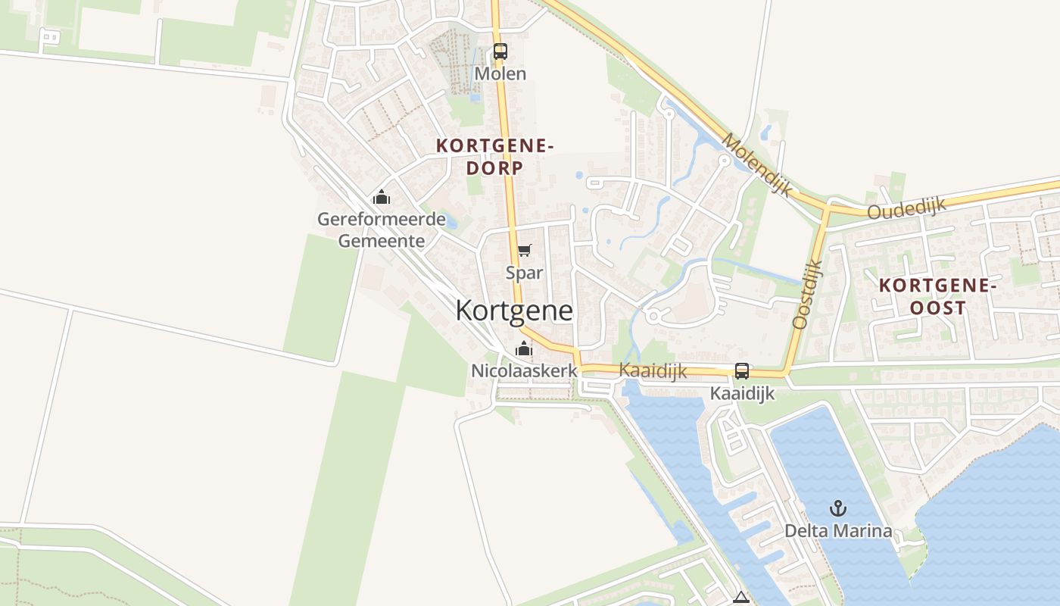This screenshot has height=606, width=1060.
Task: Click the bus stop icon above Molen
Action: (x=500, y=52)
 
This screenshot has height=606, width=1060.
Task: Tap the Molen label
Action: (x=500, y=73)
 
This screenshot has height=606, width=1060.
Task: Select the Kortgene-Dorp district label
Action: (x=495, y=157)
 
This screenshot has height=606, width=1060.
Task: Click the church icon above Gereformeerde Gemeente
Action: (x=382, y=198)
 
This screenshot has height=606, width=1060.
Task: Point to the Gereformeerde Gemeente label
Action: (x=371, y=230)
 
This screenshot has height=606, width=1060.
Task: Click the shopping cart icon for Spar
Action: (x=524, y=251)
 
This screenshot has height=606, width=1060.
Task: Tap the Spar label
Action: (x=524, y=273)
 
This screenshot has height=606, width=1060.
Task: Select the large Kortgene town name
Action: (x=514, y=311)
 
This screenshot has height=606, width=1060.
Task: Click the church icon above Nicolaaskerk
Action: (x=523, y=349)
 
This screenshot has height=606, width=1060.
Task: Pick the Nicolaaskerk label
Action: (x=524, y=371)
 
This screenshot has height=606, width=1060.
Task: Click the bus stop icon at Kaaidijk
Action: (x=742, y=371)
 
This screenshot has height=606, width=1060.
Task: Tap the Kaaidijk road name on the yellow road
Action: (x=653, y=370)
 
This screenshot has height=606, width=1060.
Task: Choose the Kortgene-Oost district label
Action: (x=937, y=296)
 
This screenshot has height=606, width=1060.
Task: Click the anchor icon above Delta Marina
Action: (x=837, y=508)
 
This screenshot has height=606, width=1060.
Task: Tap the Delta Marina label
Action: (x=837, y=531)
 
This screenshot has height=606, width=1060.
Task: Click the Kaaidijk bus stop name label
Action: (x=742, y=394)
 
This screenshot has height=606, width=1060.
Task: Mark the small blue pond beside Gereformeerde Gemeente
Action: (x=451, y=222)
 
